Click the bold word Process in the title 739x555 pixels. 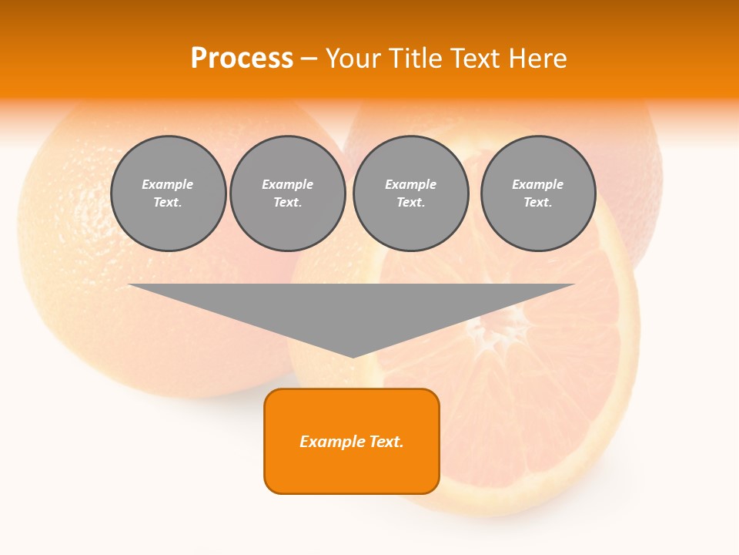click(x=242, y=59)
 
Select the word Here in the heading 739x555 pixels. click(x=537, y=59)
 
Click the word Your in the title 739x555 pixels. click(x=354, y=59)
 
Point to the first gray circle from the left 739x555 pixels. click(x=168, y=193)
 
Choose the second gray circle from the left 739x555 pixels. click(x=288, y=193)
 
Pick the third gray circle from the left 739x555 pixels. click(x=411, y=193)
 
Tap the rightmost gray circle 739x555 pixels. click(x=538, y=193)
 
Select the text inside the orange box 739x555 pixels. click(x=352, y=442)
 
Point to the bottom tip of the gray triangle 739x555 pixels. click(x=353, y=355)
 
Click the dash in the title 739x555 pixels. click(x=309, y=59)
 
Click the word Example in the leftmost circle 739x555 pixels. click(x=168, y=185)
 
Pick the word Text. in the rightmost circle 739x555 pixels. click(x=538, y=203)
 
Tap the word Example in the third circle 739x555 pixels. click(x=411, y=185)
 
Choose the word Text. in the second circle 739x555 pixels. click(x=288, y=203)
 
